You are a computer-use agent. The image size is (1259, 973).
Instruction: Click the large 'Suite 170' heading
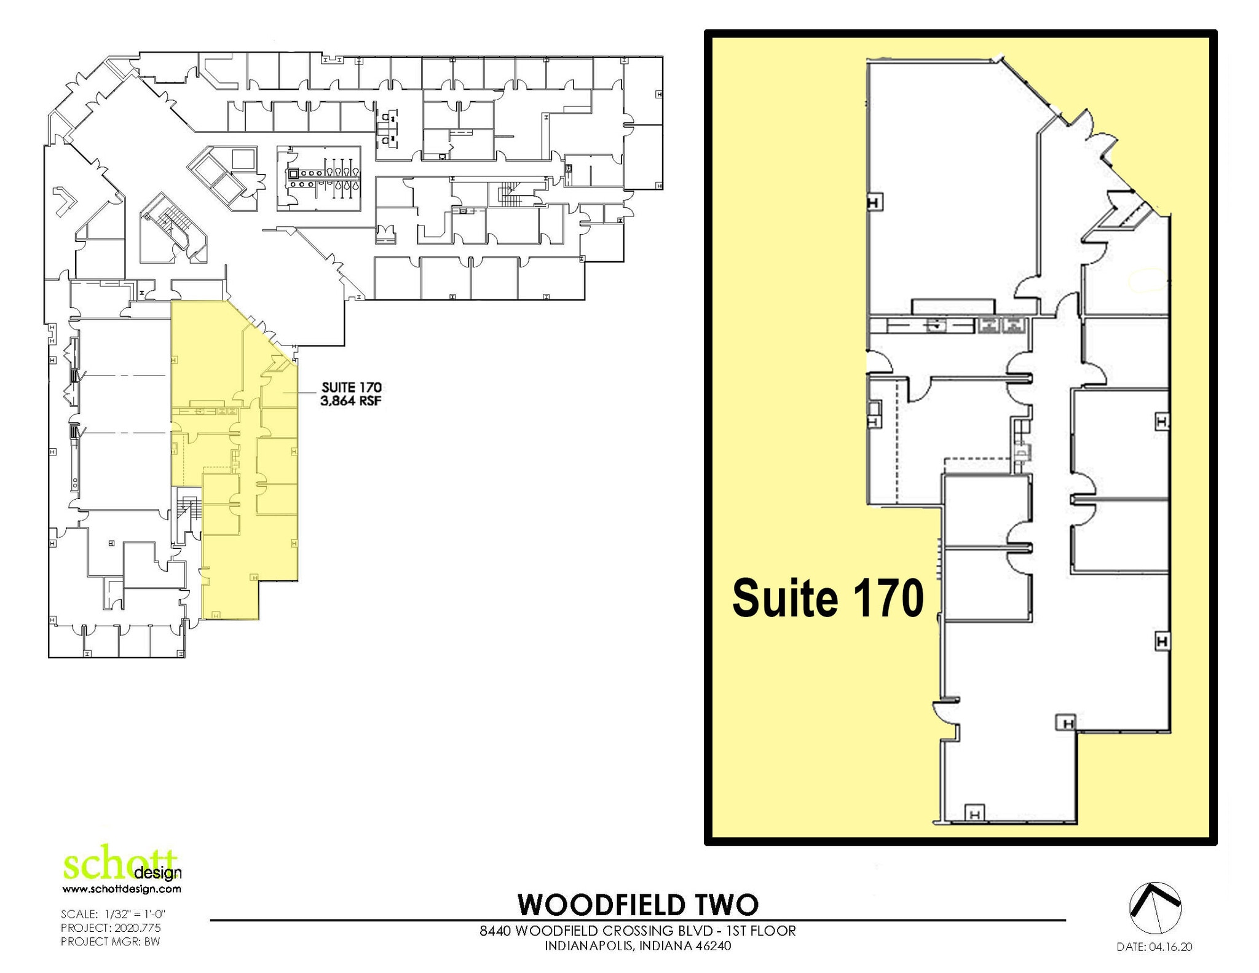pyautogui.click(x=827, y=598)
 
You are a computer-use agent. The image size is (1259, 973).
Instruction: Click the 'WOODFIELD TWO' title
pyautogui.click(x=637, y=904)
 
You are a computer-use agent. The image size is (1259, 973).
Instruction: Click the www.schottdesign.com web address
pyautogui.click(x=122, y=889)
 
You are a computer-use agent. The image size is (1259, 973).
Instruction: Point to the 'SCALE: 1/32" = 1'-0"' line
pyautogui.click(x=113, y=914)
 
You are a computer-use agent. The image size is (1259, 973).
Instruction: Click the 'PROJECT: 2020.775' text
pyautogui.click(x=111, y=928)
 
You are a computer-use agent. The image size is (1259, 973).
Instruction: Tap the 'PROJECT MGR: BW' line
pyautogui.click(x=110, y=941)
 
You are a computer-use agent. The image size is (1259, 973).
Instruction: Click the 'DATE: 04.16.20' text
pyautogui.click(x=1154, y=947)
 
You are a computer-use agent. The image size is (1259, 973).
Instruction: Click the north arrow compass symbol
pyautogui.click(x=1154, y=908)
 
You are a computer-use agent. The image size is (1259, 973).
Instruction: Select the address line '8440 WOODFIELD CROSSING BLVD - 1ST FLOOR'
pyautogui.click(x=637, y=931)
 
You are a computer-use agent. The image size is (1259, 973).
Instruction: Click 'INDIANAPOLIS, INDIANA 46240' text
pyautogui.click(x=637, y=945)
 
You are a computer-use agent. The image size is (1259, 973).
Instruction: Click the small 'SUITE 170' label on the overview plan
pyautogui.click(x=351, y=387)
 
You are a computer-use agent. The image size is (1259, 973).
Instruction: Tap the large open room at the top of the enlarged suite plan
pyautogui.click(x=950, y=184)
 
